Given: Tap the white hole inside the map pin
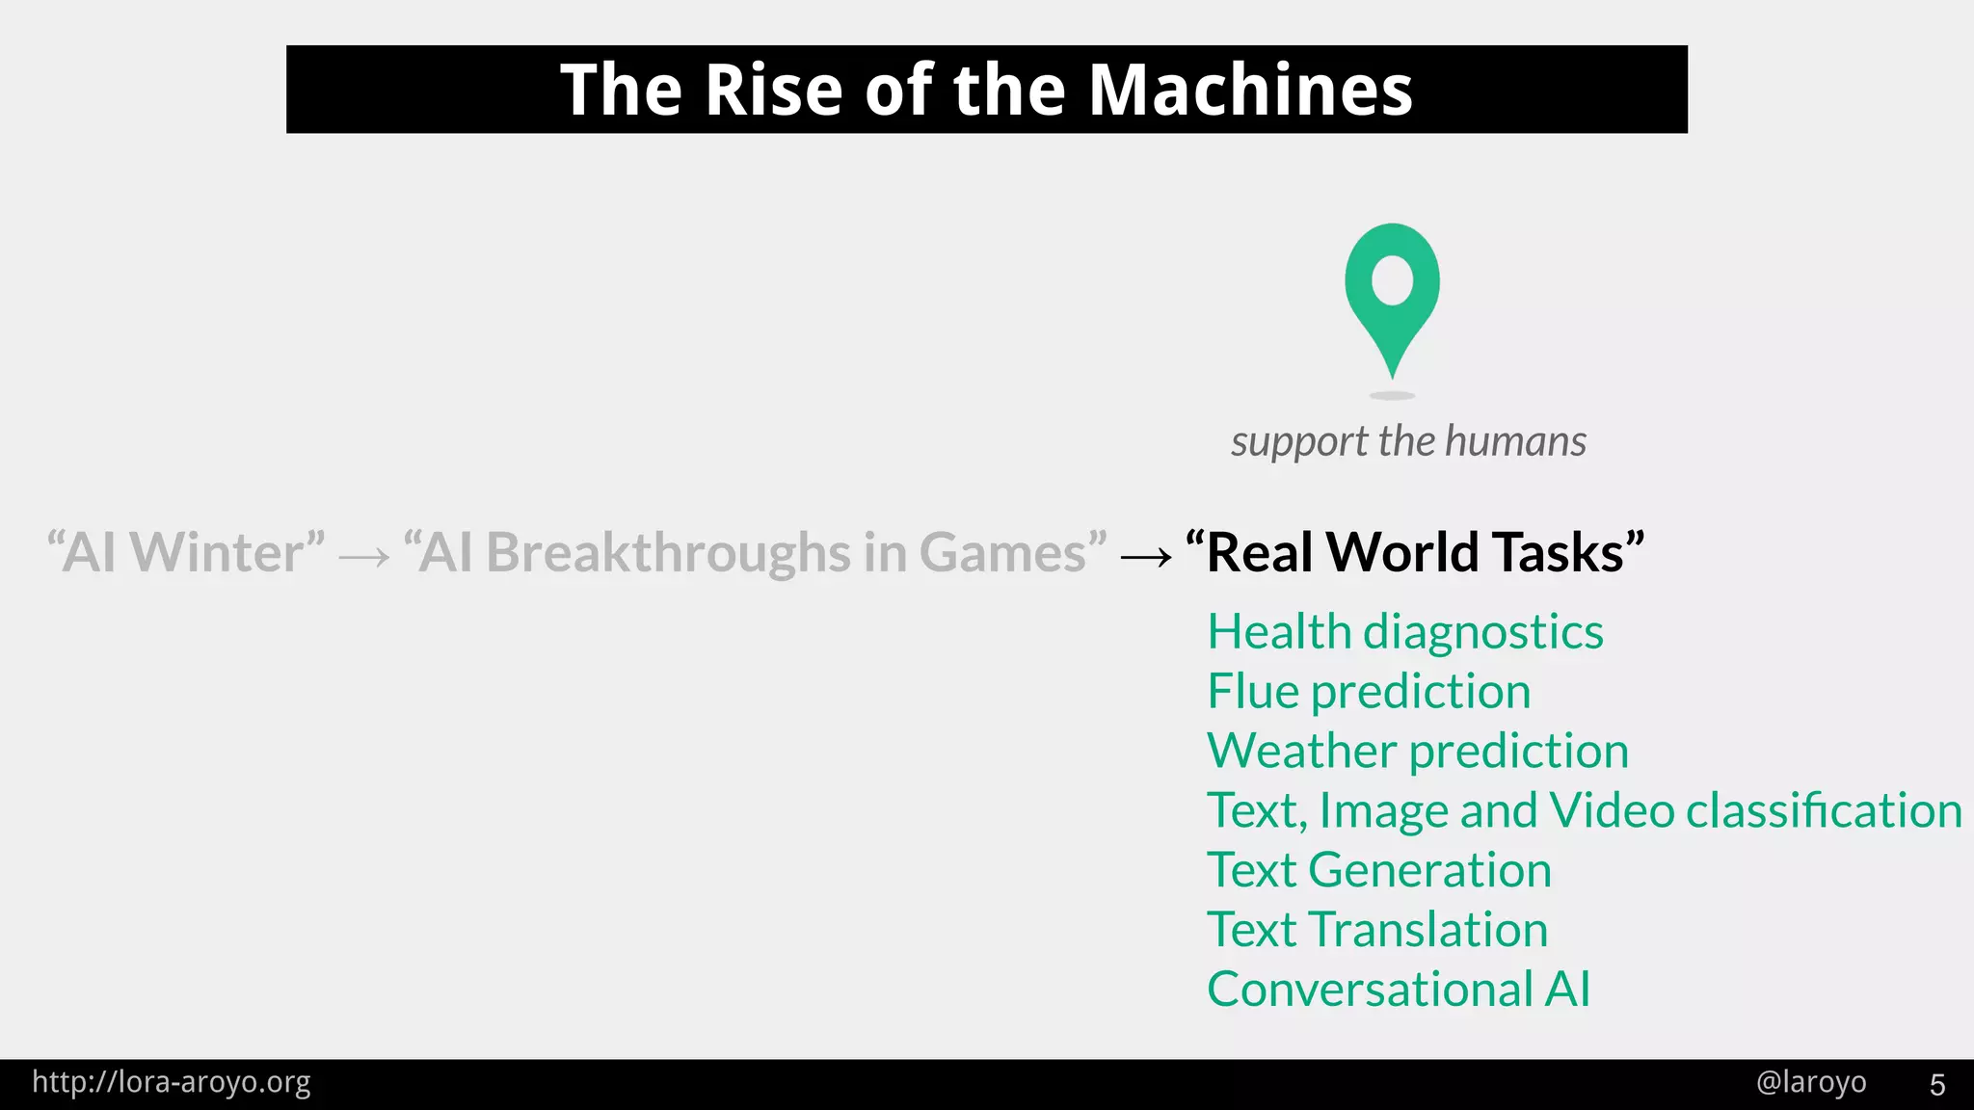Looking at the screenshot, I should coord(1392,280).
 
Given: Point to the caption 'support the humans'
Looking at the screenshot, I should coord(1408,441).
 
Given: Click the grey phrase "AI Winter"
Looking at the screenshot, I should coord(186,552).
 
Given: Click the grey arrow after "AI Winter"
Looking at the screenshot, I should coord(364,556).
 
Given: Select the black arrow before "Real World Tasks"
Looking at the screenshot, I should coord(1146,556).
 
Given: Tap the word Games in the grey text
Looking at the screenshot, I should coord(1002,552).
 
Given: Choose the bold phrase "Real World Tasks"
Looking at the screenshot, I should coord(1415,552).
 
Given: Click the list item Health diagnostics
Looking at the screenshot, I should coord(1404,632).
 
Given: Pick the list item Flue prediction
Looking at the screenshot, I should coord(1369,692).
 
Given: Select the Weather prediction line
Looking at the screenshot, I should coord(1417,751).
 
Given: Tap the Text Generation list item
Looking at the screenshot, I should coord(1379,870).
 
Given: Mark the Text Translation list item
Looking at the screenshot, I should coord(1377,930).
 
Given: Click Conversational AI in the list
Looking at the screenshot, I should coord(1399,990).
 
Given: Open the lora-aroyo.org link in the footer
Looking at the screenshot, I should coord(172,1082).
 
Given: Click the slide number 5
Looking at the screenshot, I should coord(1937,1085).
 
